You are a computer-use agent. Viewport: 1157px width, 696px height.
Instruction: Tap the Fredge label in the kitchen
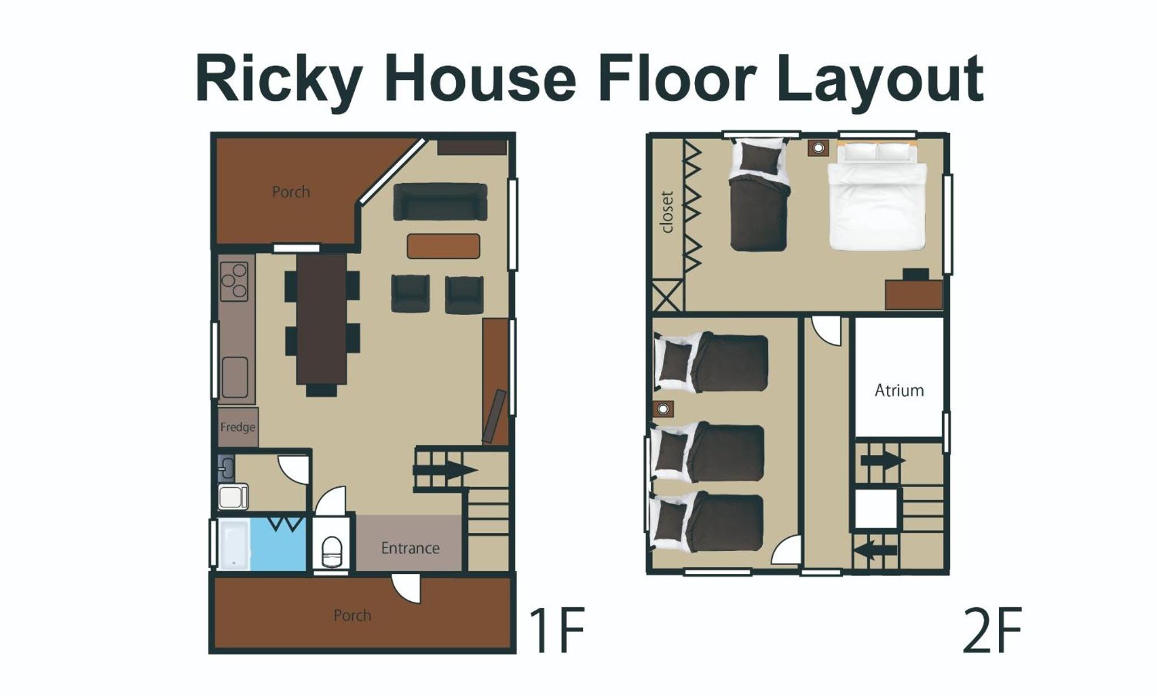238,427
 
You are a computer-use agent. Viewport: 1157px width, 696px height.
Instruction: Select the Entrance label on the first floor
410,548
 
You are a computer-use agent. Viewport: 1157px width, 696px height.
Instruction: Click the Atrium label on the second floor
899,390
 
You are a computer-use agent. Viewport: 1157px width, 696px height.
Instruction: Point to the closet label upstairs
667,212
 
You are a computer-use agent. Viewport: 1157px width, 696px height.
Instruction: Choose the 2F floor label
992,630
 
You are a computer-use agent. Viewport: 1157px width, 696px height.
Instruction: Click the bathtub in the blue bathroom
234,545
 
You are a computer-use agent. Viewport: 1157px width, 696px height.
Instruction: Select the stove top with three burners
234,281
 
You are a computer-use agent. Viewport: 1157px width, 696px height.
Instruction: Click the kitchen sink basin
234,377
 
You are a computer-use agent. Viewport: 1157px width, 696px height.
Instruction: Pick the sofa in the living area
440,202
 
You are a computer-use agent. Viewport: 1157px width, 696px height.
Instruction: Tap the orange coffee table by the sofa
443,246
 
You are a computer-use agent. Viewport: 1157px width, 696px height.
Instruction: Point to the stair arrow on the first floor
446,470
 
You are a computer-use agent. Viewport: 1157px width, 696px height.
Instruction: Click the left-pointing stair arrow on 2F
875,550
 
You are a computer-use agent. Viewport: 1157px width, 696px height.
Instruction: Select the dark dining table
321,319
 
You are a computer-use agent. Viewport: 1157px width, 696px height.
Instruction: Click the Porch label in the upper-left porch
291,192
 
